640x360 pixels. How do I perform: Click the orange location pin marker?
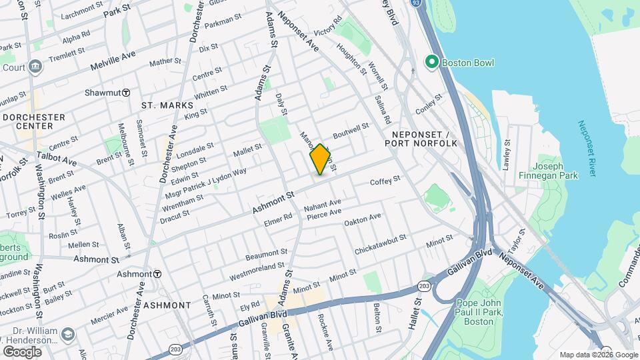[321, 159]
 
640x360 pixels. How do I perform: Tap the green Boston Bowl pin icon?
[431, 63]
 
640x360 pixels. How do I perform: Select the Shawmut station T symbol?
[125, 93]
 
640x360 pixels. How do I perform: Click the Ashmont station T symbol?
[157, 274]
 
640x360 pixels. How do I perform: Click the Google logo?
[22, 351]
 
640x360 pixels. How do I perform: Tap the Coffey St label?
[385, 181]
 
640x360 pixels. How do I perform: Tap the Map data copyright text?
[597, 355]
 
